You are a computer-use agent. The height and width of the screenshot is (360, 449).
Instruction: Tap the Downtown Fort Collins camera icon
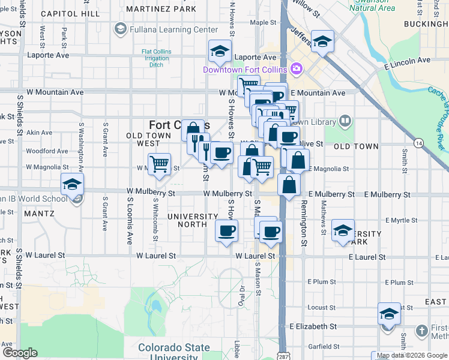tap(296, 69)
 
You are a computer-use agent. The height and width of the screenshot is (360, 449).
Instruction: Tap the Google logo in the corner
tap(19, 353)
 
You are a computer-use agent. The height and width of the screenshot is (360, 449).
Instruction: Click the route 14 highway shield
tap(418, 143)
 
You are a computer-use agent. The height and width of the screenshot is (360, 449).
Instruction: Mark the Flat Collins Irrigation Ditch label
tap(156, 58)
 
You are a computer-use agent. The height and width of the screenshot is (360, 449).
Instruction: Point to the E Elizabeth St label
tap(313, 327)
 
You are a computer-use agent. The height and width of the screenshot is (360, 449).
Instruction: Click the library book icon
tap(345, 122)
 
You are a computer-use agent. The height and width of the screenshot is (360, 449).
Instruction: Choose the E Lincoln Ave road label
tap(409, 61)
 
